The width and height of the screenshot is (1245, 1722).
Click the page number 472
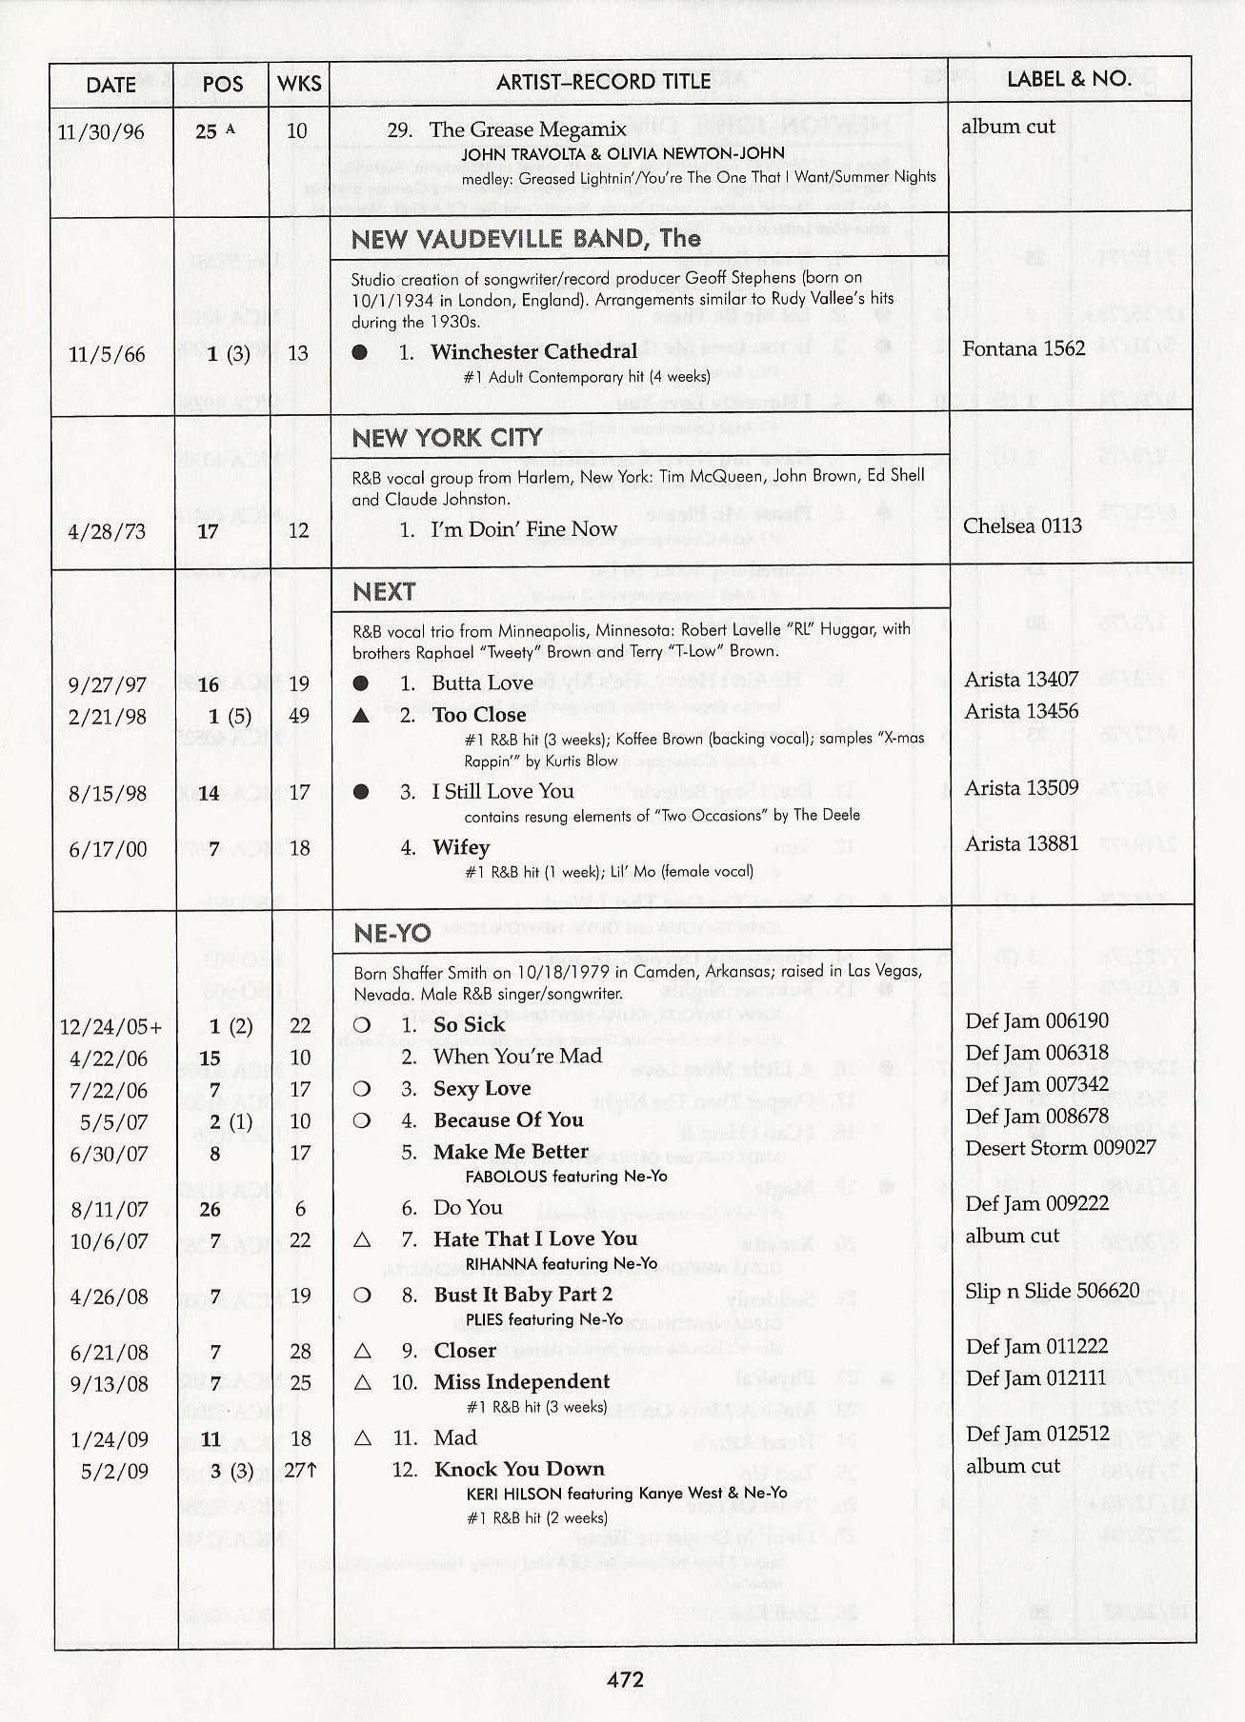click(x=625, y=1679)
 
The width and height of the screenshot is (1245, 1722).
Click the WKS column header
click(x=299, y=84)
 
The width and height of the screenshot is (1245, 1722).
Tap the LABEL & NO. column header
click(x=1069, y=79)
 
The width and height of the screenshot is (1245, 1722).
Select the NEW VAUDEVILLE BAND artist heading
click(x=526, y=239)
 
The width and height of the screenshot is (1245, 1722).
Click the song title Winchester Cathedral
click(x=533, y=351)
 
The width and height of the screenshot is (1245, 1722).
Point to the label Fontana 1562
click(x=1023, y=348)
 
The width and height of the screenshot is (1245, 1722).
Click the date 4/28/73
click(x=107, y=531)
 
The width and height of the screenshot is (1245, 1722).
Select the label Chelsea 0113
click(x=1022, y=526)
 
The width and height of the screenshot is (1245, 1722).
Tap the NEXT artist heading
click(x=384, y=592)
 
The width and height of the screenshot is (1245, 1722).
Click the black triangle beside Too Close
click(x=360, y=715)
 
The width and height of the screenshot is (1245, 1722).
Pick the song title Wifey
click(x=461, y=847)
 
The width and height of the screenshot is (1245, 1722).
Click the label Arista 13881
click(x=1021, y=843)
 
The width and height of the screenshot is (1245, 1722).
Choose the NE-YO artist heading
click(x=392, y=934)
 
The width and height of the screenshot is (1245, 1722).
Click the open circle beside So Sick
click(x=362, y=1025)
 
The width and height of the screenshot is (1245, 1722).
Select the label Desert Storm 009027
click(x=1060, y=1148)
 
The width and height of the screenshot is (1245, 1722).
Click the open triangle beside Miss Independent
click(x=362, y=1382)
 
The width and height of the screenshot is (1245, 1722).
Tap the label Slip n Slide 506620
click(x=1052, y=1291)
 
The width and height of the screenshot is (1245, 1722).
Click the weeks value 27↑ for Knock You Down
click(x=300, y=1471)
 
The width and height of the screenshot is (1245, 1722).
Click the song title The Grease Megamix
click(x=528, y=129)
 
